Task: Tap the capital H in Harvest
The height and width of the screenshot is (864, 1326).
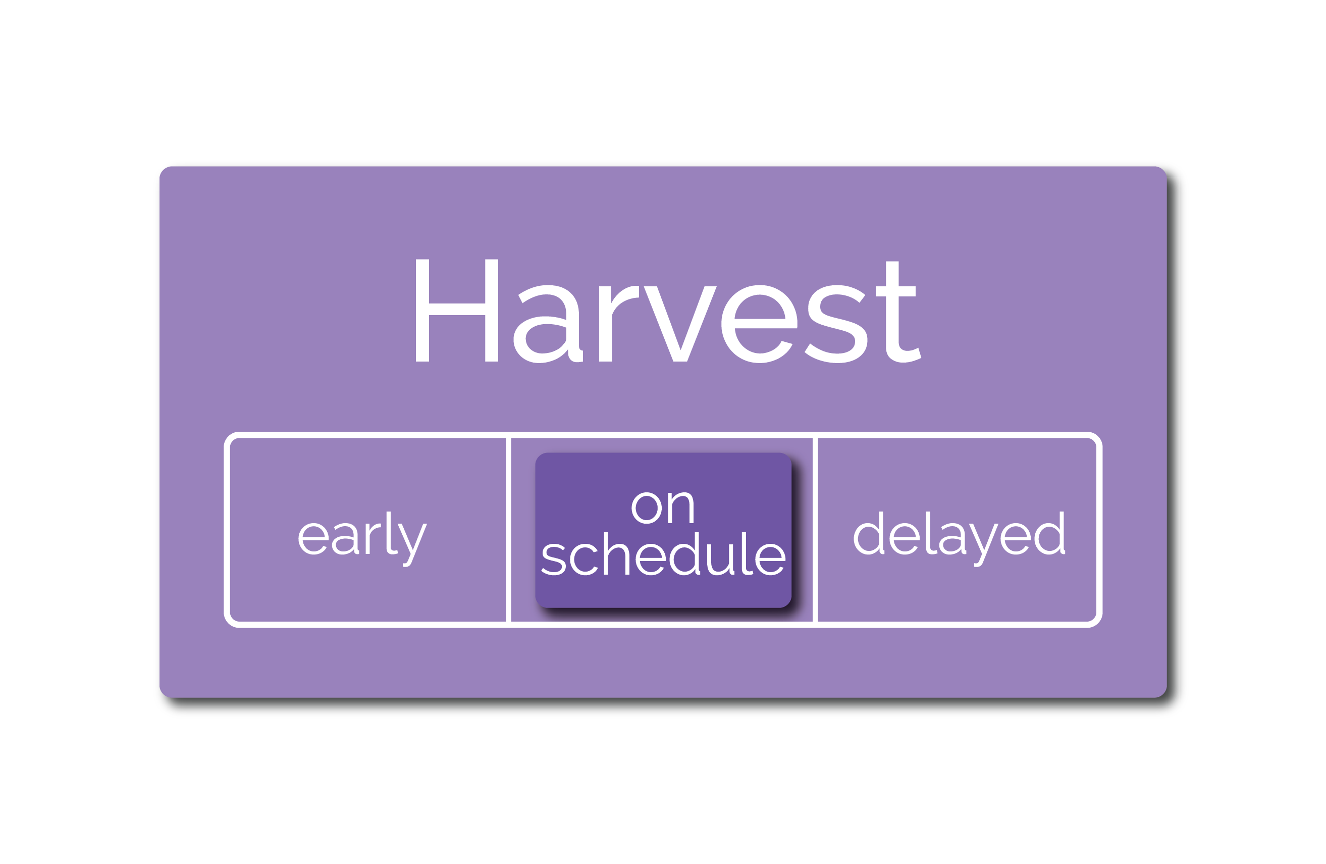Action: tap(457, 311)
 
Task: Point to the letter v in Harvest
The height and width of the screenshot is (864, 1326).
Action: tap(680, 324)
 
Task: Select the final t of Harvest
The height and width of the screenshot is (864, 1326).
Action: tap(897, 312)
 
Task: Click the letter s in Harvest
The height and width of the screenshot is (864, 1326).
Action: tap(836, 324)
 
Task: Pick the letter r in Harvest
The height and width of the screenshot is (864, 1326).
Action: tap(618, 323)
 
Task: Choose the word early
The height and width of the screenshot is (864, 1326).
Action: tap(363, 539)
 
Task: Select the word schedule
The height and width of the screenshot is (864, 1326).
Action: tap(664, 554)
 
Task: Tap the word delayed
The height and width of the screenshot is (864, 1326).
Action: tap(960, 539)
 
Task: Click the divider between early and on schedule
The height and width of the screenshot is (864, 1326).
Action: tap(508, 530)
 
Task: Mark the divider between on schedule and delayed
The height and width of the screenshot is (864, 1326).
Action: tap(815, 530)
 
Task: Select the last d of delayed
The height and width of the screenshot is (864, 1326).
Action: tap(1050, 533)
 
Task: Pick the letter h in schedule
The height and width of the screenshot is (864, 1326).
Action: tap(616, 553)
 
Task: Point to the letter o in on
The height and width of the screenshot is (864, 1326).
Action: tap(647, 508)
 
